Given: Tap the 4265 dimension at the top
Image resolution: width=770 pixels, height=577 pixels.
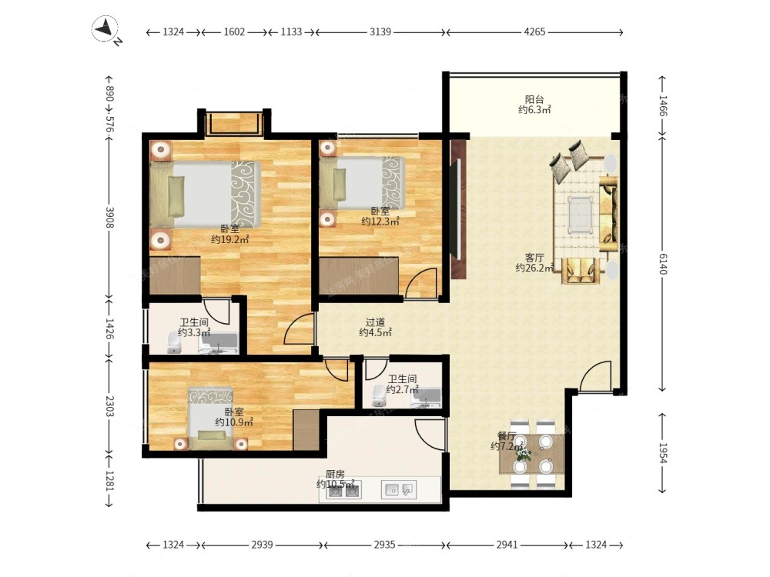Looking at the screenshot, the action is [535, 32].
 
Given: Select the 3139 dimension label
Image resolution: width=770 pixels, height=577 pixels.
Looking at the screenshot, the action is [380, 32].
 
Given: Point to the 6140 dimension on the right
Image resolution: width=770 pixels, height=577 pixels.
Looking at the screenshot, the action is [662, 264].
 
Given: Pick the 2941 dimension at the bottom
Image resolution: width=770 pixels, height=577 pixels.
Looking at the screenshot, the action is [507, 545].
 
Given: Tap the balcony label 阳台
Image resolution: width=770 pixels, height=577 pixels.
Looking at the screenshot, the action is [534, 99].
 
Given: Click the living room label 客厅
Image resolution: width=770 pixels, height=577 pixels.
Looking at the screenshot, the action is [534, 258].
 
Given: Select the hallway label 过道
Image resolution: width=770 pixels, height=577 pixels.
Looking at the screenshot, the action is [375, 322].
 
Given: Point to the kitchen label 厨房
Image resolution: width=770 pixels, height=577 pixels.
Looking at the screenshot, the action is [335, 475].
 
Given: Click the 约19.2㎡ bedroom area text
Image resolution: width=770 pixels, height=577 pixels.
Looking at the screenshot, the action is [230, 239].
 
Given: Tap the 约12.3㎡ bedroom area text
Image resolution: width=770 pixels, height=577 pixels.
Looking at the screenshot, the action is [380, 222].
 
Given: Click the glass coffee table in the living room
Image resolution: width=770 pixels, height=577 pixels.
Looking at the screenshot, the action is [580, 215].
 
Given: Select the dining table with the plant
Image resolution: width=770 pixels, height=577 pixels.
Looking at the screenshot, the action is [532, 454].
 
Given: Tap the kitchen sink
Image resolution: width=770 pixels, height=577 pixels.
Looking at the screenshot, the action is [399, 489].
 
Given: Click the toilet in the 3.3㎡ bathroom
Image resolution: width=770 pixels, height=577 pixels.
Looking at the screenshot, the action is [174, 342].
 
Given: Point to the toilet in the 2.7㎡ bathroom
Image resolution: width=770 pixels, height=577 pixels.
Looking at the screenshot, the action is [378, 395].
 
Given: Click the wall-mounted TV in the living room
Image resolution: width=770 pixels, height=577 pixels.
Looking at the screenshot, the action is [457, 209].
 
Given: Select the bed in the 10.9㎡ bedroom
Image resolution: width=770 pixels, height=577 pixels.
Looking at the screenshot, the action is [211, 419].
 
